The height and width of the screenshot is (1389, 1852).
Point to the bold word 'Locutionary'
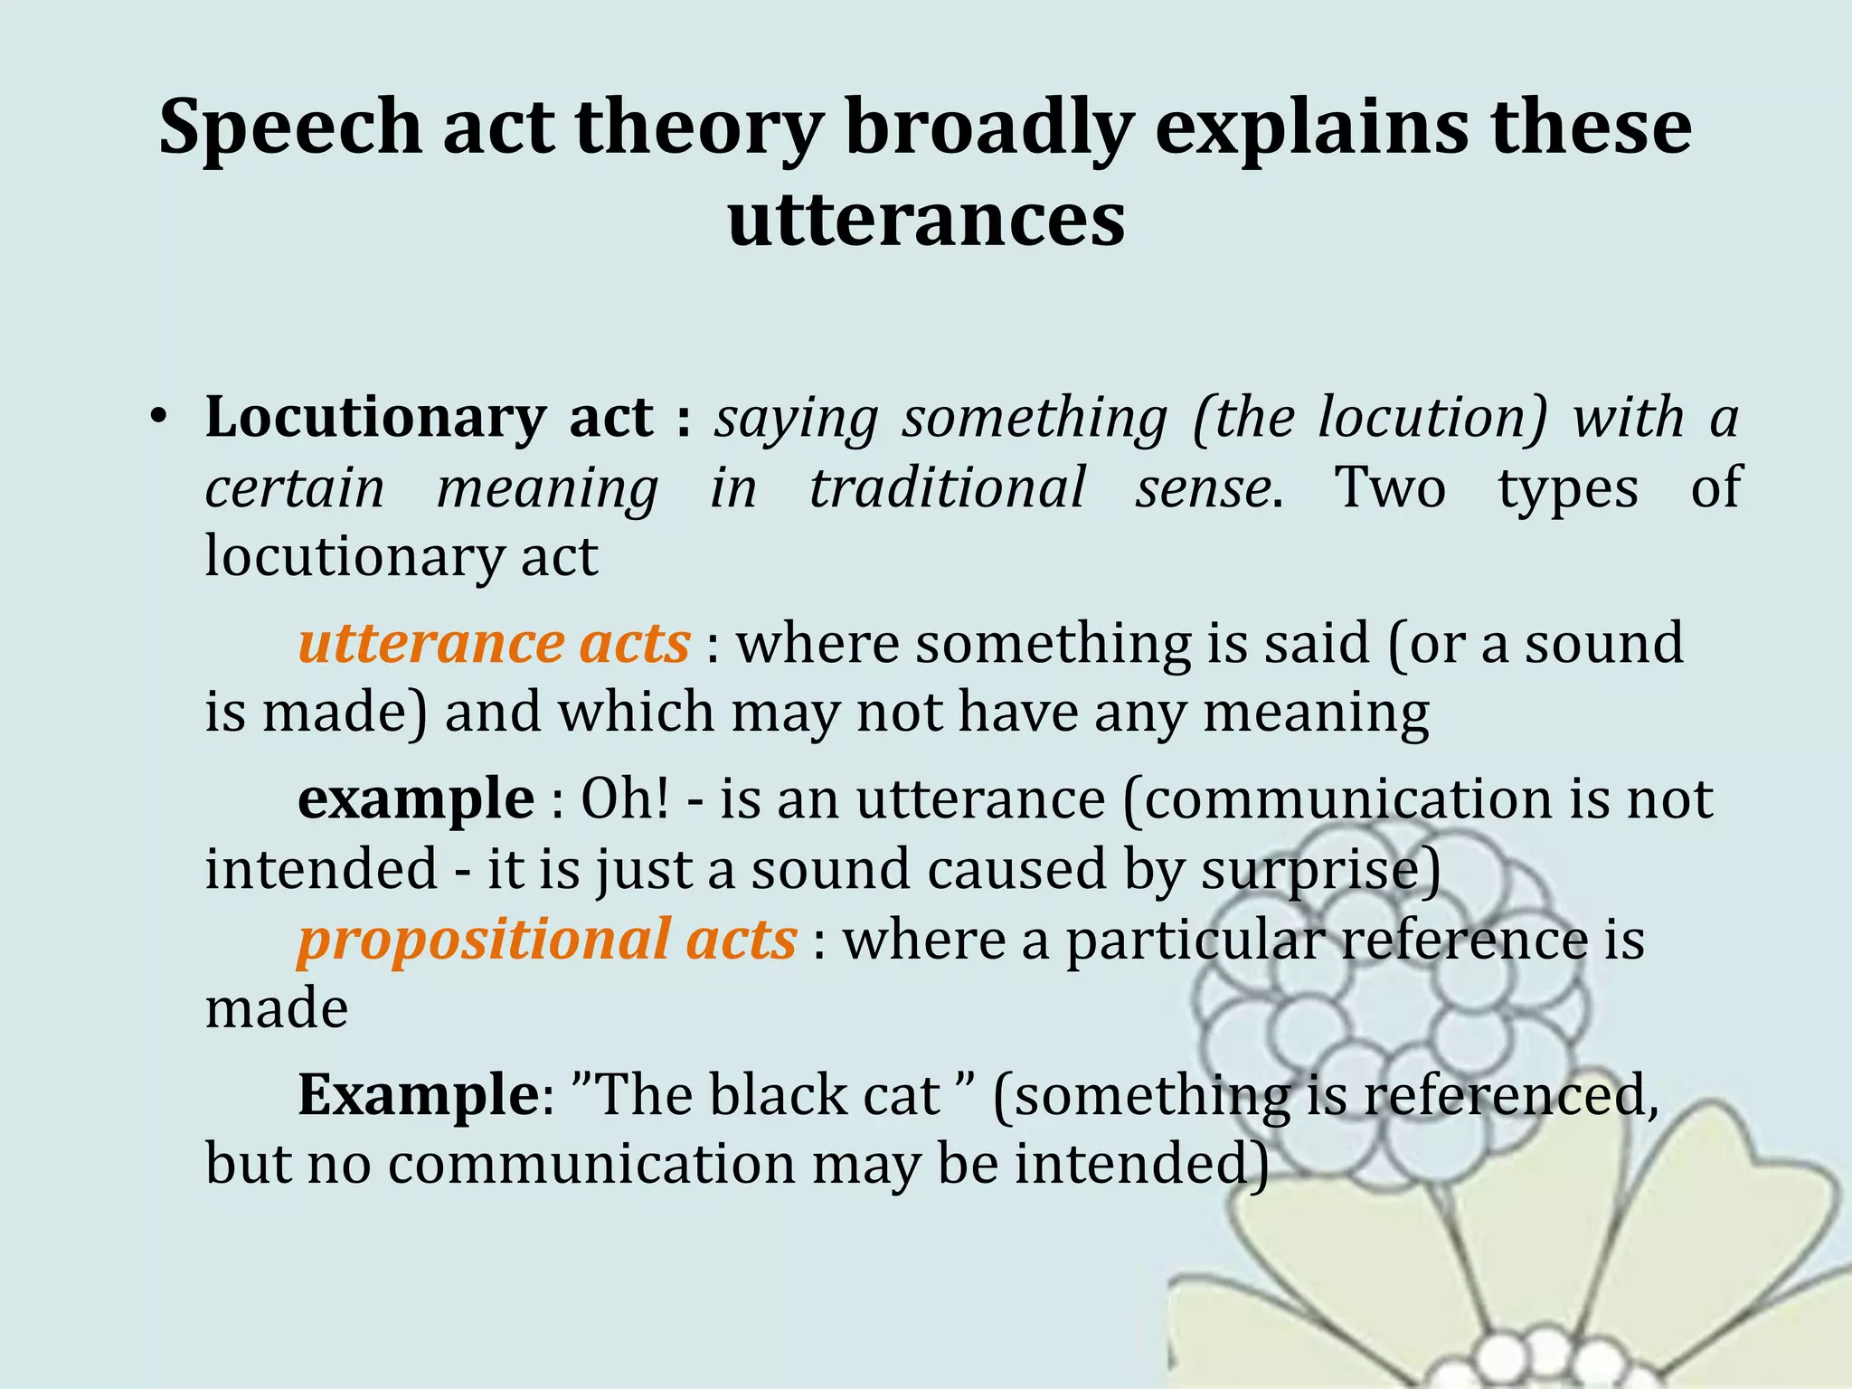pos(375,418)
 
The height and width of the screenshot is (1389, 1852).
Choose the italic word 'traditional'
pos(947,488)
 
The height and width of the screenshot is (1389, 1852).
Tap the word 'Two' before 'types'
pos(1391,488)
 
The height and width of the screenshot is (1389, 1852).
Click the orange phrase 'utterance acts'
pos(494,644)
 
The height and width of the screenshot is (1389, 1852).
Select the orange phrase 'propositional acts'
pos(546,940)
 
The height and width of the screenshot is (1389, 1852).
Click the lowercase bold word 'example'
pos(416,799)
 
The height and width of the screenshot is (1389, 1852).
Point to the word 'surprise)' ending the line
pos(1321,870)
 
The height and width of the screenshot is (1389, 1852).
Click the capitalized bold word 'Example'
pos(419,1095)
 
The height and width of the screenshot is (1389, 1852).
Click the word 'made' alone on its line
pos(276,1008)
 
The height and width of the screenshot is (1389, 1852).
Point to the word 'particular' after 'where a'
pos(1195,941)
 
